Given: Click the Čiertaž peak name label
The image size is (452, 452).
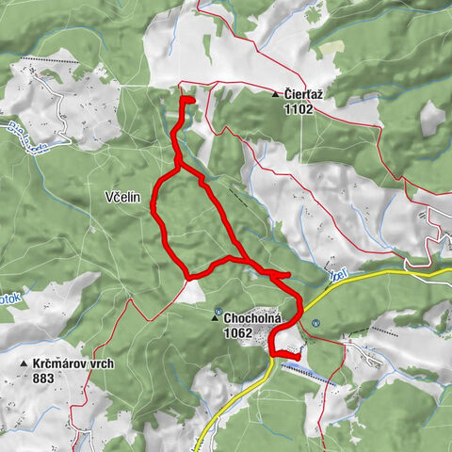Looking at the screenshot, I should click(305, 94).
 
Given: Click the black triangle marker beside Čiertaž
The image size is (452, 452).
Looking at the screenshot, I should click(275, 95).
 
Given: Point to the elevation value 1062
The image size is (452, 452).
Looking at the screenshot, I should click(240, 332).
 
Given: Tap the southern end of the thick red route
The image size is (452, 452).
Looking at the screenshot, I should click(299, 354).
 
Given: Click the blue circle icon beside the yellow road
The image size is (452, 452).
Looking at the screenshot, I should click(315, 323).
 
